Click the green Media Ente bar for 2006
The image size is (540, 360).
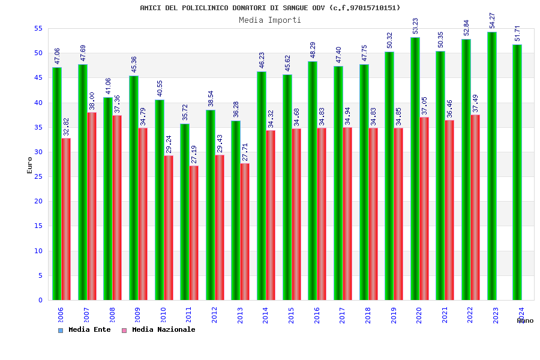tap(56, 183)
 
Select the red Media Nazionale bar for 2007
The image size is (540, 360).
tap(92, 206)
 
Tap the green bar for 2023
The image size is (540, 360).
tap(492, 166)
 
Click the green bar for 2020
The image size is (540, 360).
tap(415, 169)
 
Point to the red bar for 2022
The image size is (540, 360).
tap(475, 207)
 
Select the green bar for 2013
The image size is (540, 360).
tap(236, 210)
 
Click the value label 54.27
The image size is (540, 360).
tap(493, 21)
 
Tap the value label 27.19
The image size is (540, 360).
tap(194, 154)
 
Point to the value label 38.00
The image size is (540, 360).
tap(92, 101)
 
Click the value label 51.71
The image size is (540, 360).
tap(518, 34)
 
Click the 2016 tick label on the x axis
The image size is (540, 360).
tap(317, 315)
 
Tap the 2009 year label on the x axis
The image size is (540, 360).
tap(137, 315)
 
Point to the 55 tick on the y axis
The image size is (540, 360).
tap(38, 28)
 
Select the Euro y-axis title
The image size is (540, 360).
tap(29, 165)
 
